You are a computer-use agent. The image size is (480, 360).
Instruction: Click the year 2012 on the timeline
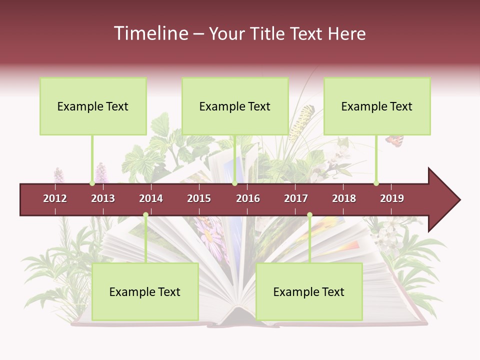click(x=55, y=198)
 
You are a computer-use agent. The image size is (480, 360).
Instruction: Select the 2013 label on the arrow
click(x=103, y=198)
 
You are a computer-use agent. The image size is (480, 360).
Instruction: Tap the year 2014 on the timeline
click(x=151, y=198)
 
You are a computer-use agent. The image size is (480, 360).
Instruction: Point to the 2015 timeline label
click(x=199, y=198)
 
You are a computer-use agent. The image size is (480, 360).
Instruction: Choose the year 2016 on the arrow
click(x=248, y=198)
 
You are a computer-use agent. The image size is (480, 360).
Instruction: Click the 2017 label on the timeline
click(x=296, y=198)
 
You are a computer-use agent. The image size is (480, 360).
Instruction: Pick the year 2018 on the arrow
click(x=344, y=198)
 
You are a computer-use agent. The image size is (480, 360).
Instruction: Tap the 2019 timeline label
click(x=392, y=198)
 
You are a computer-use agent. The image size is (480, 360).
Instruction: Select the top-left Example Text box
click(x=93, y=106)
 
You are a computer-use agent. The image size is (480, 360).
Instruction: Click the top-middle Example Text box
click(x=235, y=106)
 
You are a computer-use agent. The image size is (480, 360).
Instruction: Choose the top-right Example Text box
click(x=377, y=106)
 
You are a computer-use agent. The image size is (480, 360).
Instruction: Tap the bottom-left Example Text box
click(x=145, y=291)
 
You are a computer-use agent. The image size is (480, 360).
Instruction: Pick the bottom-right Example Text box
click(x=309, y=291)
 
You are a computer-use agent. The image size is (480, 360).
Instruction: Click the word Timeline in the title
click(x=150, y=33)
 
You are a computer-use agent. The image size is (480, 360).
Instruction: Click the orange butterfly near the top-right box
click(x=394, y=140)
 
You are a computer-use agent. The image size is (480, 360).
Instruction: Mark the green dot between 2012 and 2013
click(x=92, y=183)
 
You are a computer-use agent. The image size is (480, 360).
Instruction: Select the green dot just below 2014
click(x=145, y=214)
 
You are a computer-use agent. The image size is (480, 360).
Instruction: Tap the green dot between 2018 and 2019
click(x=376, y=183)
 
